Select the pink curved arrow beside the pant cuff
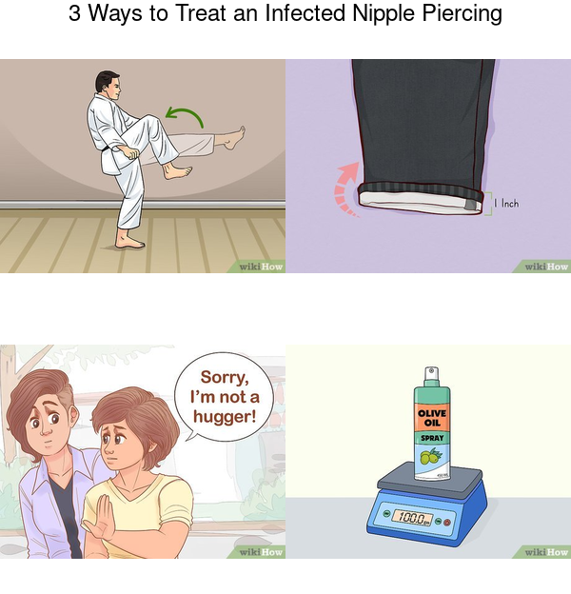[345, 188]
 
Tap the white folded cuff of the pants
[421, 203]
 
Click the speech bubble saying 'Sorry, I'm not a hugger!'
[224, 397]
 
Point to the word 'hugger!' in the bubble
[225, 416]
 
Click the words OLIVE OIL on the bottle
[432, 418]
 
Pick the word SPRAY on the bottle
[432, 438]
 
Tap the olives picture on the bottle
[431, 457]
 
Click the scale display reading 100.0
[412, 517]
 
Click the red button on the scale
[447, 522]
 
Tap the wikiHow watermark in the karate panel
[261, 267]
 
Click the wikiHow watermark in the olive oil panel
[546, 552]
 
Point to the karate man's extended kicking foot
[234, 137]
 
